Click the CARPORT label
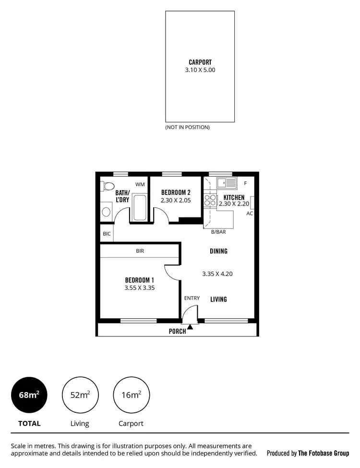pos(200,62)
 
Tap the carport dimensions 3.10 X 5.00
pos(200,70)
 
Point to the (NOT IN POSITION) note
pos(187,127)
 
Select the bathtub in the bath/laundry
pos(139,207)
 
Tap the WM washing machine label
pos(140,184)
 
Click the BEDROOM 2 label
pos(172,192)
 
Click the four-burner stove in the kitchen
pos(210,200)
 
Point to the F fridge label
pos(245,183)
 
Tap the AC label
pos(250,213)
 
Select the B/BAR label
pos(218,232)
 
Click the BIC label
pos(107,234)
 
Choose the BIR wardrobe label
pos(140,251)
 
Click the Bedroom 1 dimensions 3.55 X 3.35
pos(139,288)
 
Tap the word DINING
pos(218,251)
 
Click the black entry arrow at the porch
pos(191,327)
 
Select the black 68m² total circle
pos(29,395)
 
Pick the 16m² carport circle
pos(131,395)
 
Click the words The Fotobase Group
pos(324,453)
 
